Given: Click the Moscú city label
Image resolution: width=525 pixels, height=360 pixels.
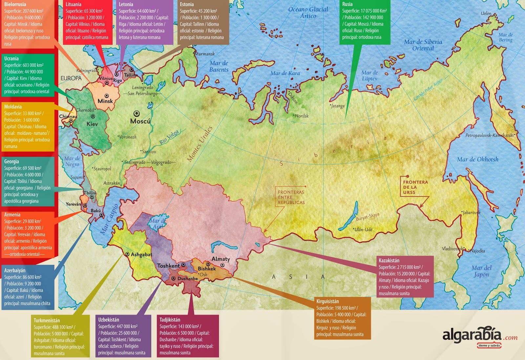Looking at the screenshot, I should (140, 121).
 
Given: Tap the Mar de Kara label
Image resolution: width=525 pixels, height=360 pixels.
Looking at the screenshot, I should (285, 73).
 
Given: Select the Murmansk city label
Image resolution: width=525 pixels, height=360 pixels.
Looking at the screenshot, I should (205, 54).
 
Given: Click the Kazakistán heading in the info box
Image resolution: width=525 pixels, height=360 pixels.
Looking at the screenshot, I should (389, 260).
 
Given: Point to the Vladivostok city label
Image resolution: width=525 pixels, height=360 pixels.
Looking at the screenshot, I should (452, 249).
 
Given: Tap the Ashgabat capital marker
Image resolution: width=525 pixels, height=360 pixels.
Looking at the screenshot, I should (127, 254).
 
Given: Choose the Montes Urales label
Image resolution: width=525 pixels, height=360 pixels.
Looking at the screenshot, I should (199, 144).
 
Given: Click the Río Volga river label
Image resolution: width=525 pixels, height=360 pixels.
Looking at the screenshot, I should (169, 137).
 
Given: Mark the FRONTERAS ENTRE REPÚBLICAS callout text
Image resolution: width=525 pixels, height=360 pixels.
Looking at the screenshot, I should (291, 197).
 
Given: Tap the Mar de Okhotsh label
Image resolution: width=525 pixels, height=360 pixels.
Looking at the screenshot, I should (477, 160).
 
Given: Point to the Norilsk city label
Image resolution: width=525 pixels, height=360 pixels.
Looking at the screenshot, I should (301, 116).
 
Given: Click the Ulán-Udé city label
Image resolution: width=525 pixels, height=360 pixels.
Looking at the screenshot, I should (363, 230).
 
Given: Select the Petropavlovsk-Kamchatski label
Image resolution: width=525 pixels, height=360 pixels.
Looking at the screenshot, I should (489, 135).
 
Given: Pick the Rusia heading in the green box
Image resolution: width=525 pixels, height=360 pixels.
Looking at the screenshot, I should (347, 4).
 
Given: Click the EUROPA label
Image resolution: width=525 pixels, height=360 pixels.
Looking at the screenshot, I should (71, 78).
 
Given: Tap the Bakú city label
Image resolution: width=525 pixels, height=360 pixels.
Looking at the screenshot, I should (95, 211).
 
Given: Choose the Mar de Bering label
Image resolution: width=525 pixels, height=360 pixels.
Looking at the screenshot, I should (505, 37).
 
